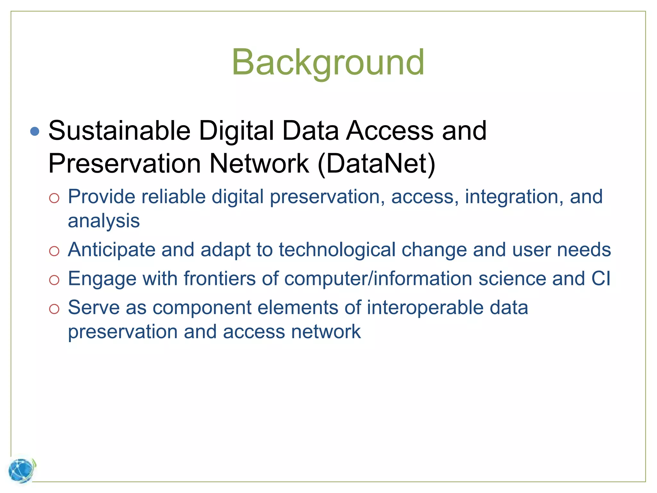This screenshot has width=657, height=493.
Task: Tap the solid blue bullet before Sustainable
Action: (x=35, y=131)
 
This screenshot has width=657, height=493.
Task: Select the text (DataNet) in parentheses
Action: (x=376, y=164)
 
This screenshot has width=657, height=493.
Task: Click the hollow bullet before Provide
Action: (x=54, y=198)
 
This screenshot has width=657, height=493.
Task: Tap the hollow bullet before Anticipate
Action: (x=54, y=251)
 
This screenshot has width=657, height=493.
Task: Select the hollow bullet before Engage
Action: (x=54, y=280)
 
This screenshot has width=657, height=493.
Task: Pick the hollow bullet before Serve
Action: (x=54, y=309)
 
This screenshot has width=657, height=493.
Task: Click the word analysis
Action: (x=104, y=221)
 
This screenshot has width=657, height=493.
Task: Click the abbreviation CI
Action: (x=601, y=278)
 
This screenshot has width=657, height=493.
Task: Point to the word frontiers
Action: (x=219, y=278)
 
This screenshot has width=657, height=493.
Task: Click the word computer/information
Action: (x=378, y=278)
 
